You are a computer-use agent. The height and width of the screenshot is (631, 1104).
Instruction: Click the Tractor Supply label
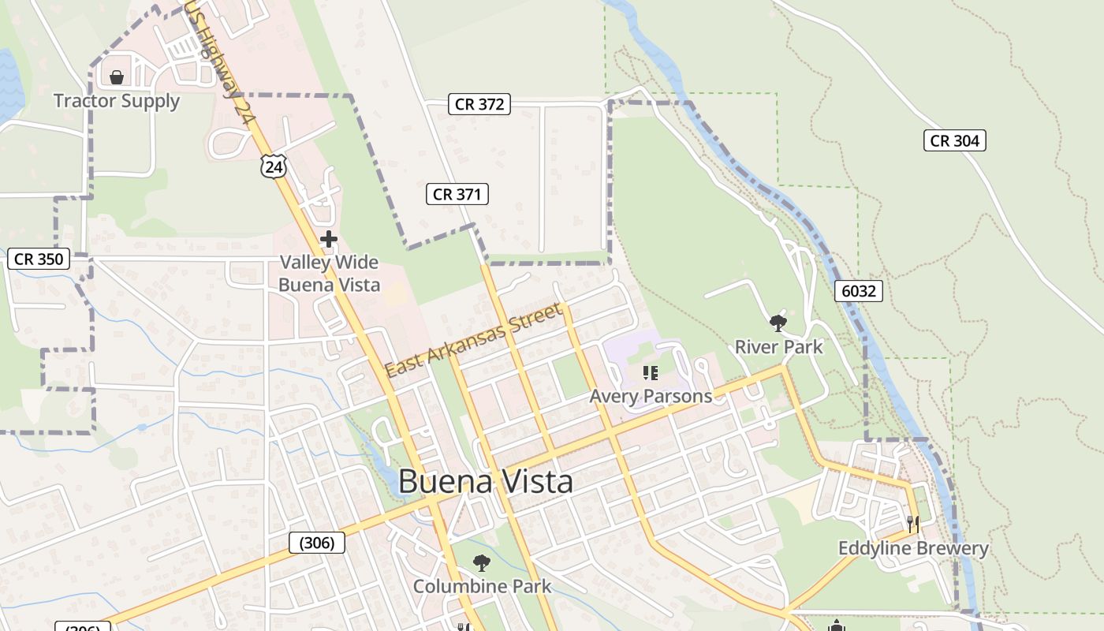[x=117, y=101]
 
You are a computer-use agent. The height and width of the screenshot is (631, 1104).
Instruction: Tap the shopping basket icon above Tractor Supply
[x=117, y=77]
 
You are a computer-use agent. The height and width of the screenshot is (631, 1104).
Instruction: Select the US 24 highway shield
[x=273, y=166]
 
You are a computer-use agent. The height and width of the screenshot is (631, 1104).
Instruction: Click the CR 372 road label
[x=479, y=104]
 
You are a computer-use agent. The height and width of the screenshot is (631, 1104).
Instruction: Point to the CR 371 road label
[x=457, y=194]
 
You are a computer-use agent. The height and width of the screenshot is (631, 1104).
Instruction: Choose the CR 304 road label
[x=954, y=140]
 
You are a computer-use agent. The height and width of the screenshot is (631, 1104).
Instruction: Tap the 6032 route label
[x=858, y=291]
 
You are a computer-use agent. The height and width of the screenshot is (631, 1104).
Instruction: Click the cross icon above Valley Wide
[x=329, y=239]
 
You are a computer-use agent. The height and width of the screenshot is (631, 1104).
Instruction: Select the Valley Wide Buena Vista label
[x=330, y=274]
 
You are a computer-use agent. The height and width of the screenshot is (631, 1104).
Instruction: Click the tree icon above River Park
[x=778, y=323]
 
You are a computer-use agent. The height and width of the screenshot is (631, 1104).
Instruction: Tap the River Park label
[x=778, y=347]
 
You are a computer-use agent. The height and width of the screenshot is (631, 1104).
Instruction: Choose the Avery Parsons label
[x=651, y=396]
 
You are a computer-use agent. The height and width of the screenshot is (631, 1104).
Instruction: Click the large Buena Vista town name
[x=485, y=481]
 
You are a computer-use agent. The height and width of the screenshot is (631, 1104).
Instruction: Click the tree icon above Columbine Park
[x=481, y=563]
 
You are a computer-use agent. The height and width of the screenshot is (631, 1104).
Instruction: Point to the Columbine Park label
[x=482, y=587]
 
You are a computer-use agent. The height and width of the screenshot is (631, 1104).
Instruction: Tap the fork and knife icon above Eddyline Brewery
[x=912, y=524]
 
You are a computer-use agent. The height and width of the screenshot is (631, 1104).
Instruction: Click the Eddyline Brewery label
[x=912, y=548]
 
